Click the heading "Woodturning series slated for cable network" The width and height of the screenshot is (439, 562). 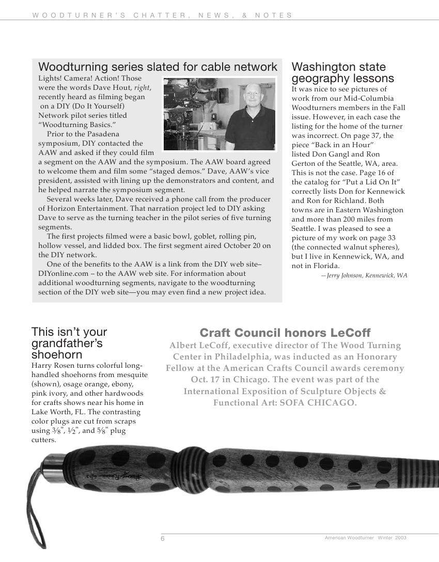pos(158,67)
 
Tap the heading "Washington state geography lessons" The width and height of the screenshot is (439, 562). pos(342,73)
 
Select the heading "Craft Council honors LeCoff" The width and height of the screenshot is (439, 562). pos(285,333)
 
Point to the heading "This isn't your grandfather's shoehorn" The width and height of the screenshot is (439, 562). pos(69,343)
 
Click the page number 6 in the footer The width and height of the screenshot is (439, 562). pos(163,539)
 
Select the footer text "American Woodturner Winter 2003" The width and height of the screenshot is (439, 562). pos(365,538)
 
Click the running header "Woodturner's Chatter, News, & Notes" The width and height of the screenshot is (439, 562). pos(162,15)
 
